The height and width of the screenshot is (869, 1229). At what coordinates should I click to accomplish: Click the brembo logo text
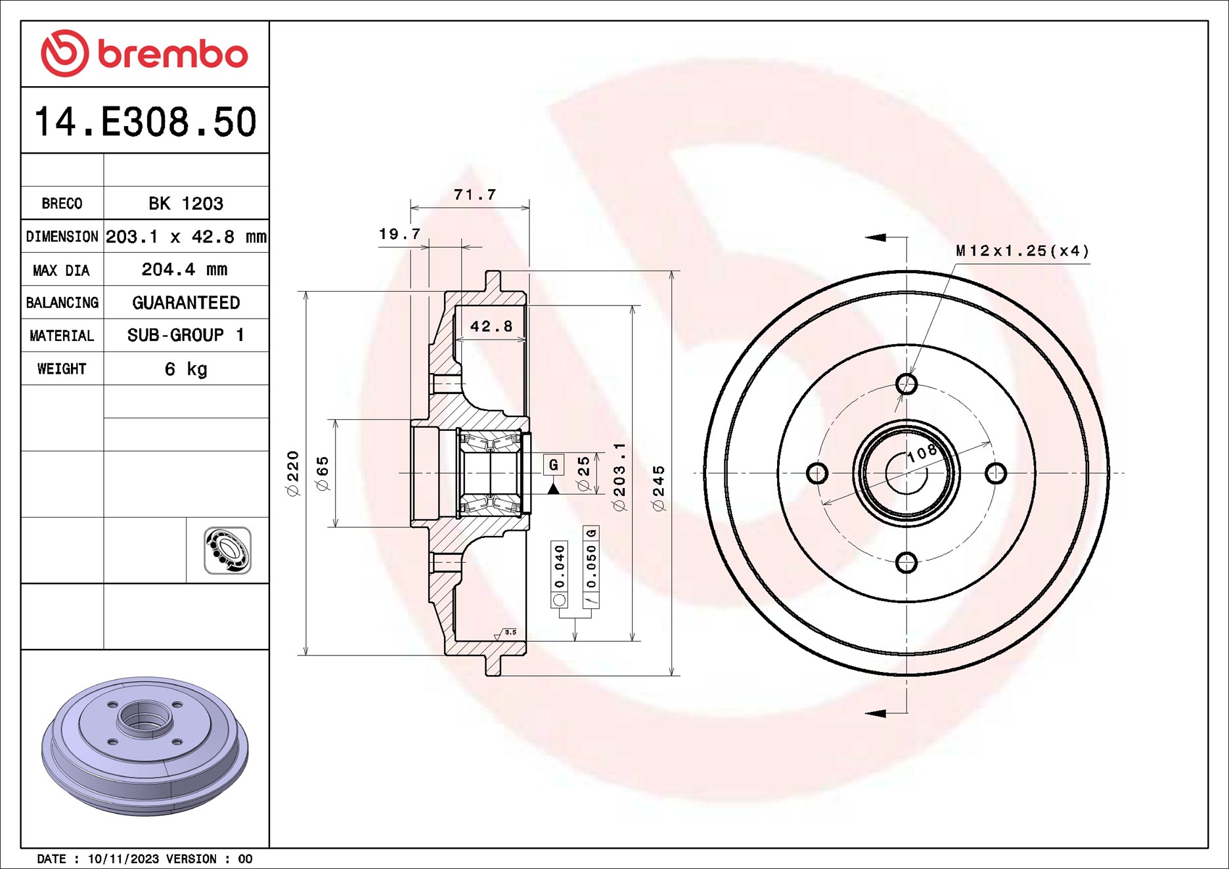(172, 54)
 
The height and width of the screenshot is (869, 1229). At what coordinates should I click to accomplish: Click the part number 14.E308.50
(145, 122)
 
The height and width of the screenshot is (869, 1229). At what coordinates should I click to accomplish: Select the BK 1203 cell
(186, 204)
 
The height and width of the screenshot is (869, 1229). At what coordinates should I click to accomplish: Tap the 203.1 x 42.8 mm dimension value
(186, 236)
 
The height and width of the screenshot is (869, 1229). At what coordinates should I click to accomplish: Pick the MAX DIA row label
(62, 270)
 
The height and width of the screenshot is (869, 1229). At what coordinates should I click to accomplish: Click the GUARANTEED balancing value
(186, 303)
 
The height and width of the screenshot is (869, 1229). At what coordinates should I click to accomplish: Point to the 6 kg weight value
(186, 369)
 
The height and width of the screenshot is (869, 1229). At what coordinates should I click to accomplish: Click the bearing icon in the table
(227, 550)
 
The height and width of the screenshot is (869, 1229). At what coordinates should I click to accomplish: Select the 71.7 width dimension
(474, 195)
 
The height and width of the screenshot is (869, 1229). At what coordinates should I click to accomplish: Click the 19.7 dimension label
(399, 234)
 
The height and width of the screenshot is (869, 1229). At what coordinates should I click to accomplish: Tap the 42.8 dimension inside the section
(491, 326)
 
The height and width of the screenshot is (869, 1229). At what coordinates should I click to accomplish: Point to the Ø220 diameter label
(293, 473)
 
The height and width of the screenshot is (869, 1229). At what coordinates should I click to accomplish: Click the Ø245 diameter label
(659, 488)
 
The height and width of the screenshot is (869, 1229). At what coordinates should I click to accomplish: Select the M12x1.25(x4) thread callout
(1022, 251)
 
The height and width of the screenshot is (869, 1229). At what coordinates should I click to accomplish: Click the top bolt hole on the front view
(906, 384)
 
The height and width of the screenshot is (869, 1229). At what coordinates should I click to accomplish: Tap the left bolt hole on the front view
(816, 473)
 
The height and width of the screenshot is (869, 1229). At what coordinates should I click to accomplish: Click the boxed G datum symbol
(554, 465)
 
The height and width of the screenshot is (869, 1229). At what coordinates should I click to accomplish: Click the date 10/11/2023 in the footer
(123, 859)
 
